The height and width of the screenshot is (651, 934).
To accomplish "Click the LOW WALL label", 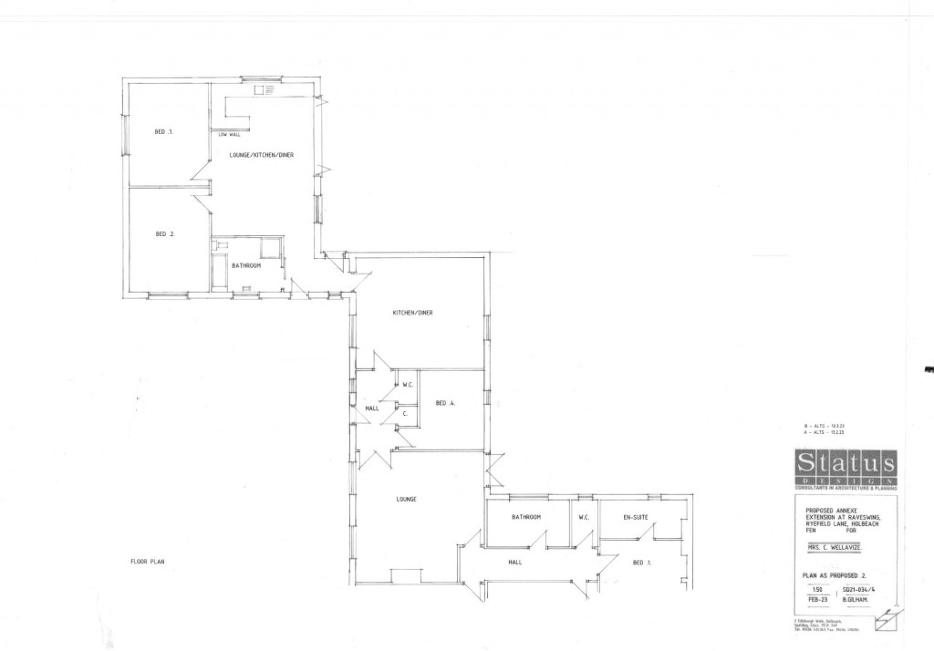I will click(228, 135).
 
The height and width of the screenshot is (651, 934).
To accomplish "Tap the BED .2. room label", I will click(164, 234).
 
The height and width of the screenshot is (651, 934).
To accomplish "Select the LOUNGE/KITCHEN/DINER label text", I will click(261, 155).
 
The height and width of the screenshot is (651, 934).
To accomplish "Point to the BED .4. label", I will click(445, 403).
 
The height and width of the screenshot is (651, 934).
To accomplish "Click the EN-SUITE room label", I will click(635, 517).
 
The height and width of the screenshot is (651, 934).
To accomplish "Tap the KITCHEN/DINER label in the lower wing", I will click(412, 313).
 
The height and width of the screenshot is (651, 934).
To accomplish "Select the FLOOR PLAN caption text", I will click(146, 562).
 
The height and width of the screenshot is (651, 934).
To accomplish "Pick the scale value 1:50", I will click(806, 591).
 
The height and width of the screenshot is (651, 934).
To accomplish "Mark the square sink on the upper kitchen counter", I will click(270, 90).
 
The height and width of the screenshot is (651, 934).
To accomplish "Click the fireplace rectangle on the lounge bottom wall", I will click(406, 575).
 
